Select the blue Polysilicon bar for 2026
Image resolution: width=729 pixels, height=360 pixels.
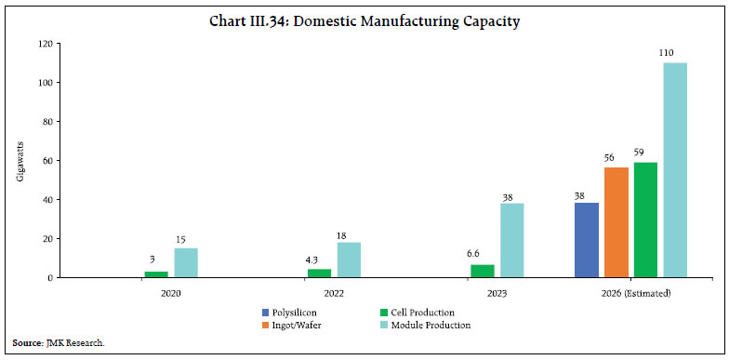pyautogui.click(x=588, y=240)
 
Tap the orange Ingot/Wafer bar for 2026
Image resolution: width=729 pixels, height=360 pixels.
pyautogui.click(x=616, y=222)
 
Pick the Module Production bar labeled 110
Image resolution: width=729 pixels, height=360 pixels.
pyautogui.click(x=673, y=170)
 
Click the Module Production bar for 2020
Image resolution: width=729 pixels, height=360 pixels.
pyautogui.click(x=186, y=262)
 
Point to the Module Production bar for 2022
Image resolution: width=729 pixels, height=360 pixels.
pyautogui.click(x=349, y=260)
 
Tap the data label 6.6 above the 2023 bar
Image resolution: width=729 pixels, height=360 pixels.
pyautogui.click(x=483, y=254)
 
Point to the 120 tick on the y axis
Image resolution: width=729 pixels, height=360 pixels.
pyautogui.click(x=43, y=44)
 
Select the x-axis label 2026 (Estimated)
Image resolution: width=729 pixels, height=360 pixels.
pyautogui.click(x=630, y=292)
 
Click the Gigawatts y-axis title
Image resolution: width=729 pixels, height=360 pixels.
pyautogui.click(x=20, y=160)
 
